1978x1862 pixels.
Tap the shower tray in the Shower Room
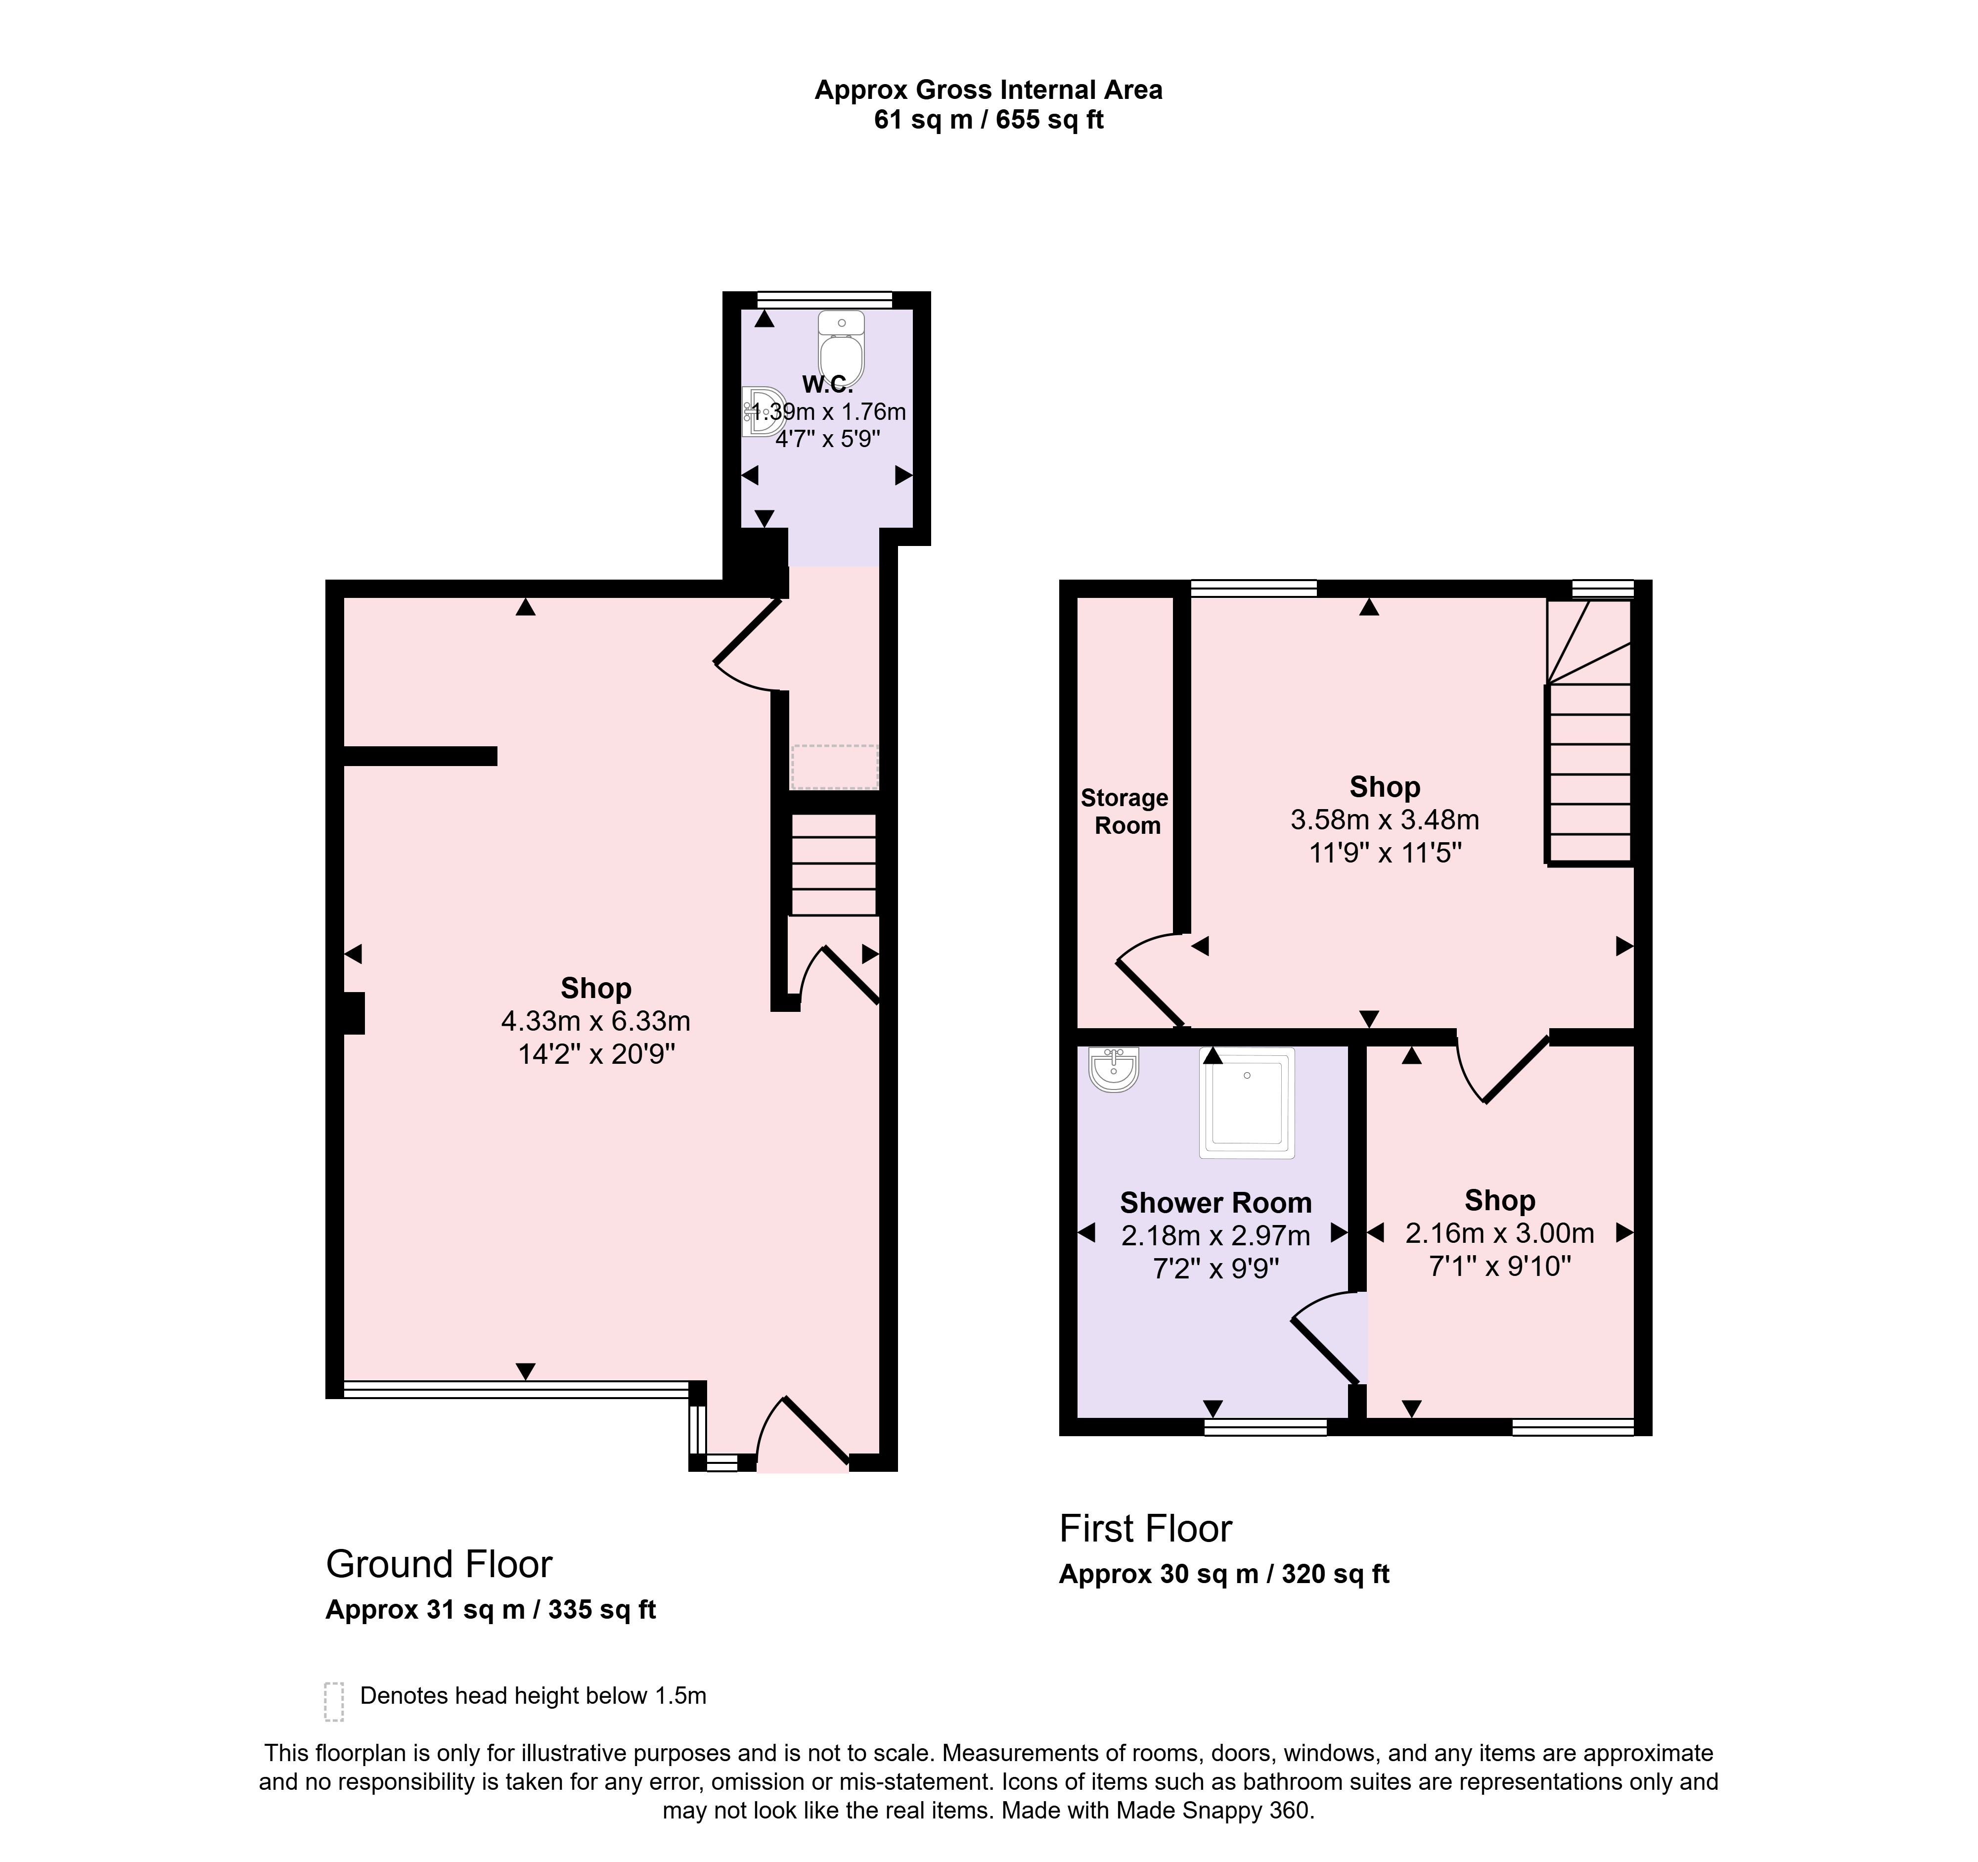1248,1103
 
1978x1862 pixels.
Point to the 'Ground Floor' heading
439,1564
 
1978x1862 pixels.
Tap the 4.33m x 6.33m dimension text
596,1021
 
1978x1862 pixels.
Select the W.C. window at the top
825,299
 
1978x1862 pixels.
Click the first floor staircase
1589,730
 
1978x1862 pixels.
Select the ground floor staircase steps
834,864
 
